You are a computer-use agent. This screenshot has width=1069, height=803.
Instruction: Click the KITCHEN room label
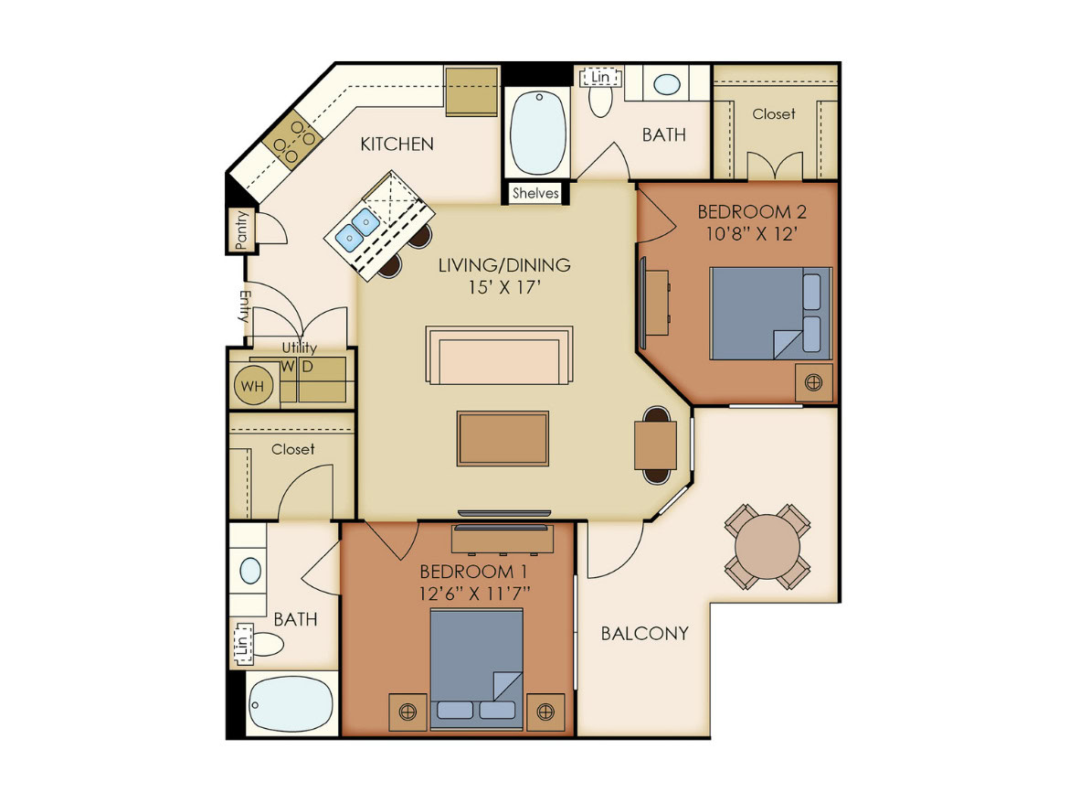click(x=397, y=144)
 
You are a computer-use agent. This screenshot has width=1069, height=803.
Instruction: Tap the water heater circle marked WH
click(x=253, y=386)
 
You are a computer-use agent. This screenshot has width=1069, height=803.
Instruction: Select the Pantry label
click(x=241, y=230)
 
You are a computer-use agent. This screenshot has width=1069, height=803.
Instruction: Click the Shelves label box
click(x=535, y=193)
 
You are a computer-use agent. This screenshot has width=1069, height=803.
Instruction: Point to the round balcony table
click(x=767, y=547)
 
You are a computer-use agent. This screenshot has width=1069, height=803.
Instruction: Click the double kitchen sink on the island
click(x=358, y=230)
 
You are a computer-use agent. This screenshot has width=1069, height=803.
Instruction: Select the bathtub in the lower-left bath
click(x=291, y=705)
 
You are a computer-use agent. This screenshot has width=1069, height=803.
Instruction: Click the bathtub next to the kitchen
click(x=538, y=133)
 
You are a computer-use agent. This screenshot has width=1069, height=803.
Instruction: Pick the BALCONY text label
click(x=644, y=634)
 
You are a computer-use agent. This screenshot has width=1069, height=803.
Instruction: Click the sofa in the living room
click(x=499, y=356)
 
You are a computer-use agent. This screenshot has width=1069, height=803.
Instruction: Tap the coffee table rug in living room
click(x=503, y=439)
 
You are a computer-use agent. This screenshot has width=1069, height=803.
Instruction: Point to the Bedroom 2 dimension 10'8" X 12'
click(x=752, y=234)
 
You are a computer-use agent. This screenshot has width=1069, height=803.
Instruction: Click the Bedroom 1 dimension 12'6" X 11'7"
click(x=475, y=594)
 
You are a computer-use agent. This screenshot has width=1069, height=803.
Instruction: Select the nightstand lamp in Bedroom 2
click(x=813, y=382)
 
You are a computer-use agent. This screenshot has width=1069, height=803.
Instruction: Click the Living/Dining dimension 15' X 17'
click(x=504, y=287)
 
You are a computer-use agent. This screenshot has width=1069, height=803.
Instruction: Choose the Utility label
click(x=300, y=348)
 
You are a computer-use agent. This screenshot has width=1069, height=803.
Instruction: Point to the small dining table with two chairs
click(x=656, y=444)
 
